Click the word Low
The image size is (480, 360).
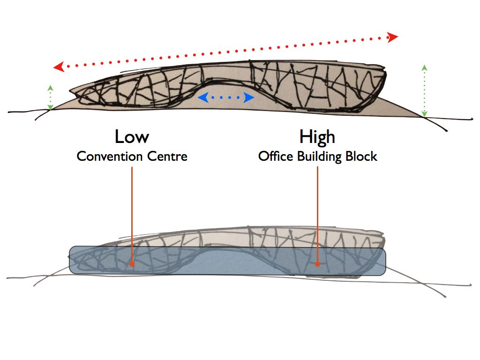[132, 137]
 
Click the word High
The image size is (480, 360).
[317, 137]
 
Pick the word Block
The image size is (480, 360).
[361, 156]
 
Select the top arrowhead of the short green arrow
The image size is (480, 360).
[50, 88]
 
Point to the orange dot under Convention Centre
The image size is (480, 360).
[132, 264]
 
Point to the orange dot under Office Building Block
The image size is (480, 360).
[317, 264]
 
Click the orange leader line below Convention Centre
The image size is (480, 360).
[132, 211]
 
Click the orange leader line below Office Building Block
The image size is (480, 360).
[317, 211]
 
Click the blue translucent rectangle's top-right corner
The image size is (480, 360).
[384, 248]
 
